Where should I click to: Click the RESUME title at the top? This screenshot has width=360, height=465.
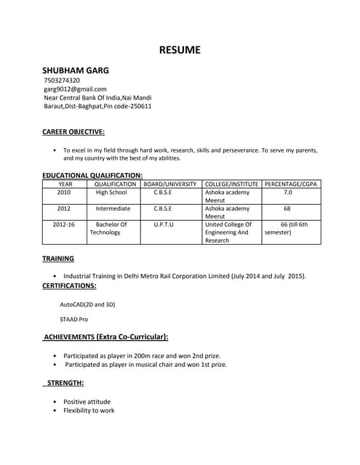[180, 50]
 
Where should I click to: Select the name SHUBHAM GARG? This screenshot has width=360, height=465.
[76, 70]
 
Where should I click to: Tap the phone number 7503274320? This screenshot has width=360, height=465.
[62, 80]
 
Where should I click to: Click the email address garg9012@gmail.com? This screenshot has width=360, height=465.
[75, 89]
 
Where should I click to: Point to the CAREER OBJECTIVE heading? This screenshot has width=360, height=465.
[73, 132]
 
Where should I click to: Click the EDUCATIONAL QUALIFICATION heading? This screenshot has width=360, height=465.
[92, 175]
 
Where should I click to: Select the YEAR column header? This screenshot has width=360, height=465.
[65, 184]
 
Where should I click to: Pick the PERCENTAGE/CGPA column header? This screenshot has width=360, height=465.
[289, 184]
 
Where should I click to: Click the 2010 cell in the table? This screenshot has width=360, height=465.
[64, 193]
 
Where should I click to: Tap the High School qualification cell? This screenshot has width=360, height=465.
[111, 193]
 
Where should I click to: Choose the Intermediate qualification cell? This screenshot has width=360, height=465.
[113, 209]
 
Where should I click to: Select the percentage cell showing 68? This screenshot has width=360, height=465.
[287, 209]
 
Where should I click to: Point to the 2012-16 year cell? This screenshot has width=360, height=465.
[64, 225]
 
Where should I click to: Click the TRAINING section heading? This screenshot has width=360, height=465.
[58, 258]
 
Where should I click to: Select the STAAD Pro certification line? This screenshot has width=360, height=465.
[73, 319]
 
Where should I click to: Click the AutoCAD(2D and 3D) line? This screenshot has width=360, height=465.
[87, 304]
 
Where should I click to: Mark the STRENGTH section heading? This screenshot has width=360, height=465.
[65, 382]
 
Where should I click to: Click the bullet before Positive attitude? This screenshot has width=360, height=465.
[55, 401]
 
